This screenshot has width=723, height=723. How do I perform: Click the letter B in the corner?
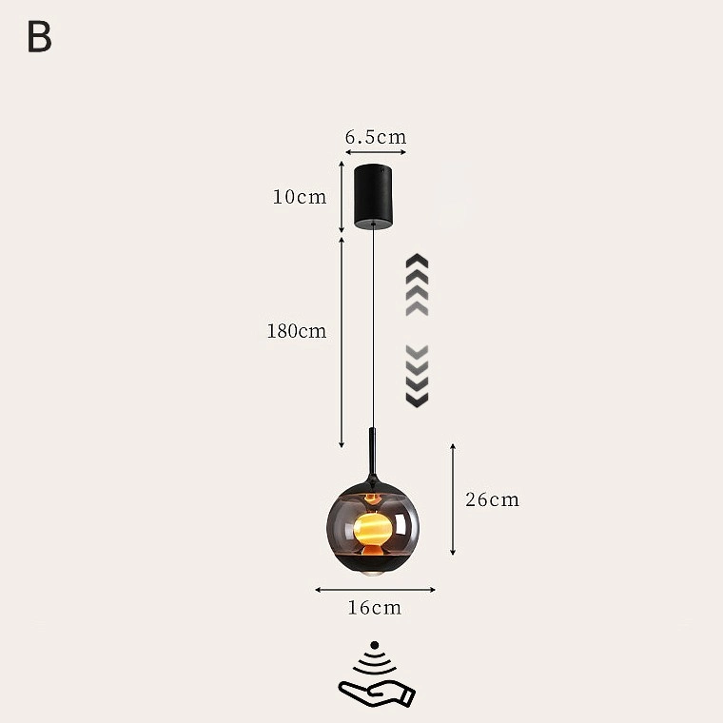(x=39, y=36)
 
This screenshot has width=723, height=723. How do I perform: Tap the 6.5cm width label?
(x=376, y=137)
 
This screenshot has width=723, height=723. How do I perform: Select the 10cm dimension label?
(x=300, y=197)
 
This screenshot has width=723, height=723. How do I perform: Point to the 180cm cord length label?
(x=297, y=331)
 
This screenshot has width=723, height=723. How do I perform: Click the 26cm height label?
(x=492, y=499)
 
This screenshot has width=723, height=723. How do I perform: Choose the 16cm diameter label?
(x=375, y=608)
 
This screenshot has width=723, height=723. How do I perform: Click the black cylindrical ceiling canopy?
(x=374, y=196)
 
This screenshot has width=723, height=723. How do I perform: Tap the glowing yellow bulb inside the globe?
(x=373, y=528)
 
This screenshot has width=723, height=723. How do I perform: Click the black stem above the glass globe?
(x=373, y=454)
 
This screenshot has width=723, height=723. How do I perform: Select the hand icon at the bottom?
(x=377, y=694)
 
